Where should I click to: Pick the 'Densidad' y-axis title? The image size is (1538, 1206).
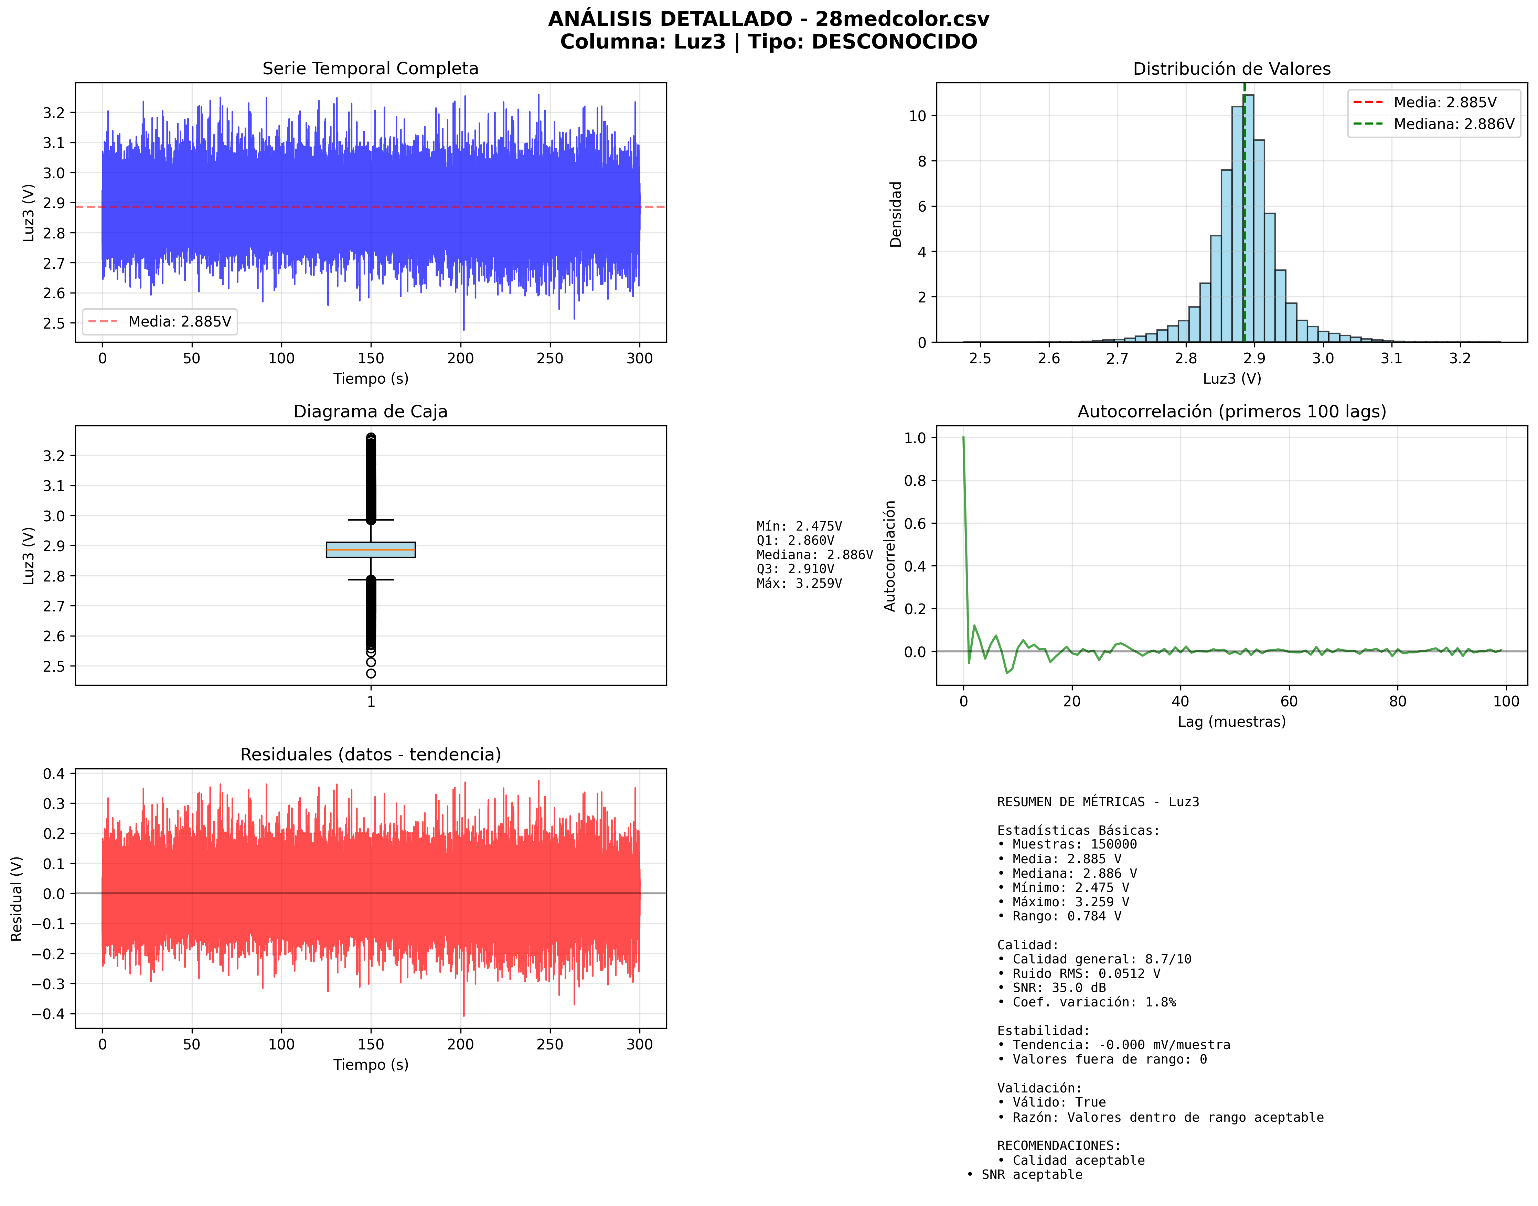coord(895,214)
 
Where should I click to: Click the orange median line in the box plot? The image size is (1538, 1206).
coord(371,549)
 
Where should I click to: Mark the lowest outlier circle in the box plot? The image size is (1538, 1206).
coord(371,674)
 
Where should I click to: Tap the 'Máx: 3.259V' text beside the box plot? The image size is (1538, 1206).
coord(799,583)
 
